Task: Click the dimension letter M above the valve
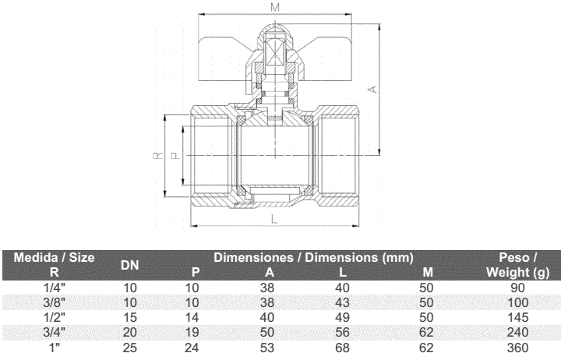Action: tap(275, 7)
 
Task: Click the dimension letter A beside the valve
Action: tap(372, 89)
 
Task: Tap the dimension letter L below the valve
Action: tap(274, 219)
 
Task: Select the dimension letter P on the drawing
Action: tap(175, 156)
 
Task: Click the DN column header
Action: tap(129, 265)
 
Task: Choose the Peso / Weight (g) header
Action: tap(517, 265)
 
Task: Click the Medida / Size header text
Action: tap(54, 257)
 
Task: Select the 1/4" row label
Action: tap(55, 288)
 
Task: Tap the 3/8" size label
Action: tap(55, 303)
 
